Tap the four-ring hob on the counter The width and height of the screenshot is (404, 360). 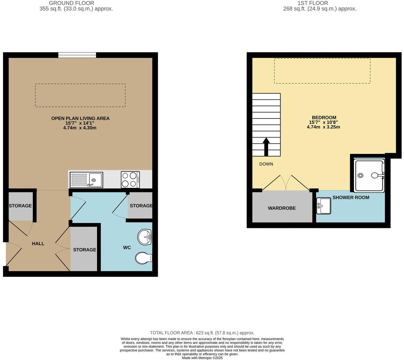pos(130,180)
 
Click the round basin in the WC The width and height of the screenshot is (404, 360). pos(144,237)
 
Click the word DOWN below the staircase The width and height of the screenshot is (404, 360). pos(266,164)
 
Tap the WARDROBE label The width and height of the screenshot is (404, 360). pos(282,208)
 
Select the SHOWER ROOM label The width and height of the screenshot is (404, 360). pos(351,197)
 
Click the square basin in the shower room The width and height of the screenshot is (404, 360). pos(324,206)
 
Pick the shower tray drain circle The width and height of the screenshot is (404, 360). pos(360,175)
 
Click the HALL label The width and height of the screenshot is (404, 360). pos(38,243)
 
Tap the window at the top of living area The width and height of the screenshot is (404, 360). pos(77,55)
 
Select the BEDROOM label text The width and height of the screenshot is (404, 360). pos(324,117)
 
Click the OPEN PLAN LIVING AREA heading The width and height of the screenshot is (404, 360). pos(80,118)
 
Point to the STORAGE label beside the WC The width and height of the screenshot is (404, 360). pos(141,206)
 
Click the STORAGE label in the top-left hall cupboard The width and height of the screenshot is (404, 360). pos(20,206)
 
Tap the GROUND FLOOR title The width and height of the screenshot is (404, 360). pos(72,3)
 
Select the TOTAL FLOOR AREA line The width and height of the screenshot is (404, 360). pos(202,333)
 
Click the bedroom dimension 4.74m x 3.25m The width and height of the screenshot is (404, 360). pos(323,127)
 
